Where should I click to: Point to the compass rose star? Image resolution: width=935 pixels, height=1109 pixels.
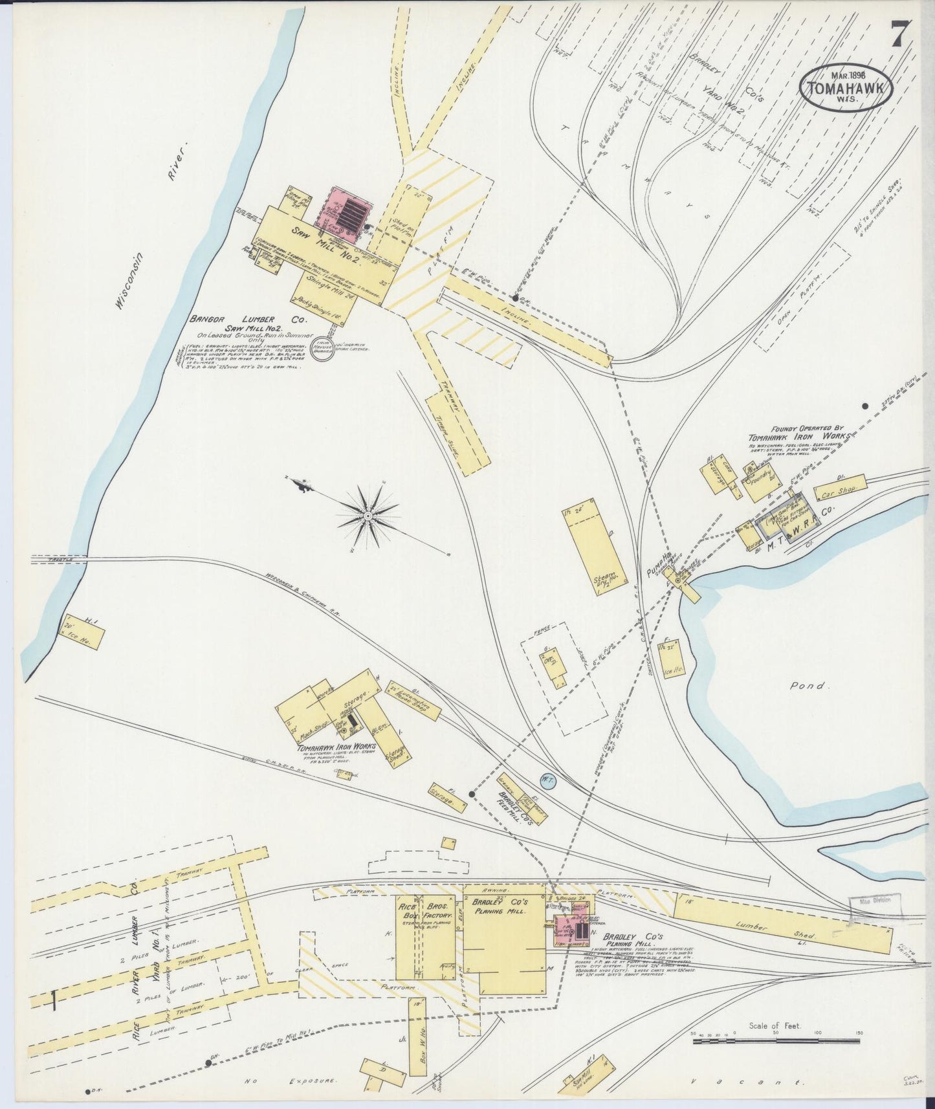368,515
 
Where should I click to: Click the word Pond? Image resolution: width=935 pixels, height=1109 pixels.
809,685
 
